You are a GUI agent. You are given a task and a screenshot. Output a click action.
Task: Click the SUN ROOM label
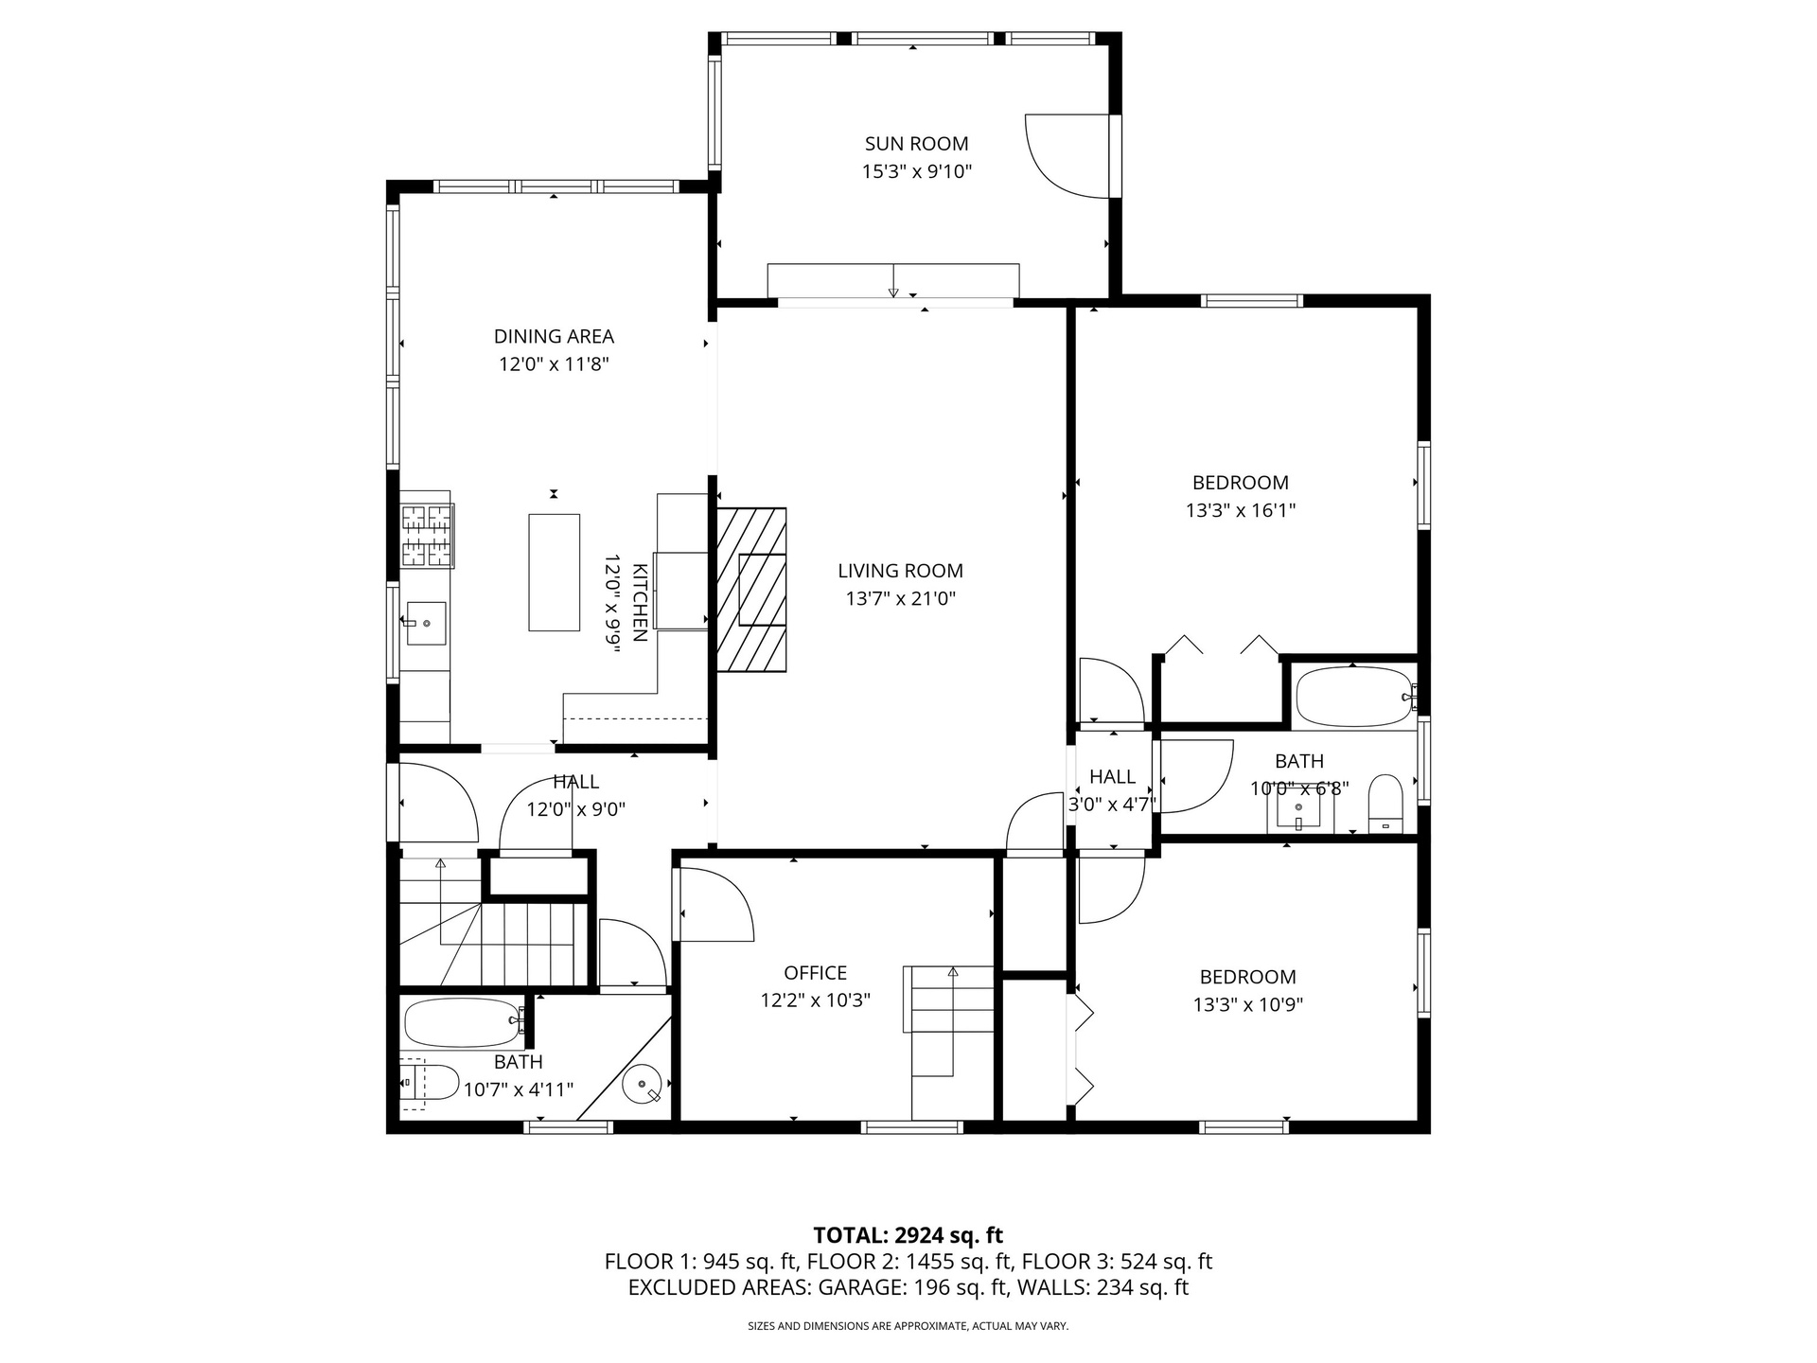[x=916, y=144]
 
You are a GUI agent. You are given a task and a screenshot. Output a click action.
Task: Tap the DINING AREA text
[x=554, y=336]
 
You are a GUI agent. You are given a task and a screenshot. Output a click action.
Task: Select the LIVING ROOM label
[x=900, y=571]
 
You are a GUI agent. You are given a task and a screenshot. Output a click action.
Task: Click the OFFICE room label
[x=815, y=973]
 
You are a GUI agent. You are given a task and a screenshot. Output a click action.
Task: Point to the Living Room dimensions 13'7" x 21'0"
[x=900, y=598]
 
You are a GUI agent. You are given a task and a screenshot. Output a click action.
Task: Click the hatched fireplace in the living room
[x=751, y=590]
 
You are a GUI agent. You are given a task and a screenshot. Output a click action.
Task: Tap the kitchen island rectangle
[x=554, y=572]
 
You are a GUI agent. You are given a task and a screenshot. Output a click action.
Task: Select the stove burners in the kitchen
[x=428, y=535]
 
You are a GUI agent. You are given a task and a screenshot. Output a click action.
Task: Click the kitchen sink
[x=426, y=623]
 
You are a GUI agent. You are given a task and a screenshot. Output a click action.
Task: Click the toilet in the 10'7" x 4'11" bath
[x=430, y=1082]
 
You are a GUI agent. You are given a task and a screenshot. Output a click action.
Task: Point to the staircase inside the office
[x=948, y=1041]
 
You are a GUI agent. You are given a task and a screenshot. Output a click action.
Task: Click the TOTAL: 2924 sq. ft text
[x=908, y=1235]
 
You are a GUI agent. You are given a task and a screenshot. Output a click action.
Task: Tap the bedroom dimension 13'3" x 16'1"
[x=1240, y=510]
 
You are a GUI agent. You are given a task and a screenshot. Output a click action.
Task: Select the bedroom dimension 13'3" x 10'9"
[x=1247, y=1004]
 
